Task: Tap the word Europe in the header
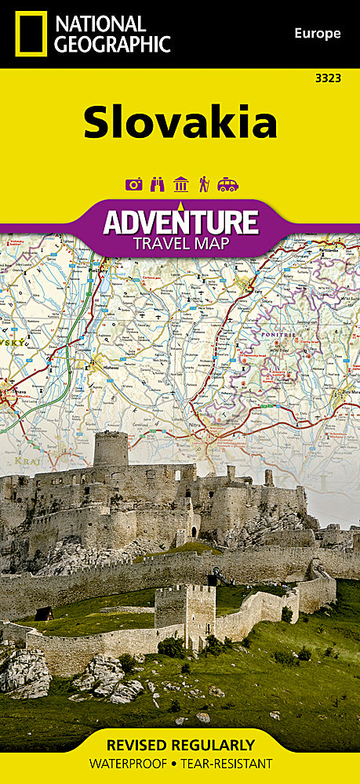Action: tap(318, 33)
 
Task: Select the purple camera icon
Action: tap(133, 185)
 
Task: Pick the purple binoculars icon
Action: tap(157, 185)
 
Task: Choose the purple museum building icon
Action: tap(180, 185)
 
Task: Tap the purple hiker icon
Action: tap(204, 185)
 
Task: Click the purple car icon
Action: tap(228, 185)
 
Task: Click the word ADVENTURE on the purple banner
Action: tap(180, 222)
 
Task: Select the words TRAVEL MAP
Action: tap(180, 244)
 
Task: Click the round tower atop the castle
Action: tap(111, 448)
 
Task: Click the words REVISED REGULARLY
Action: tap(180, 744)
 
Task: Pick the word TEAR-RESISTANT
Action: tap(234, 763)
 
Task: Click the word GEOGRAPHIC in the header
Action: tap(113, 44)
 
